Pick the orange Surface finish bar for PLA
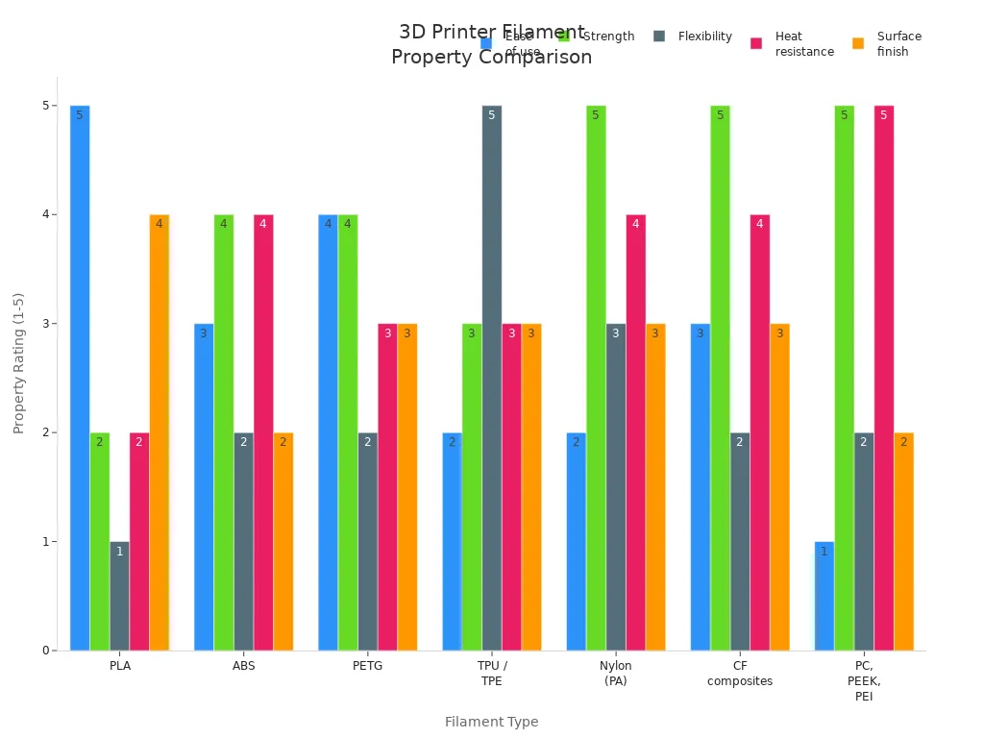pos(160,432)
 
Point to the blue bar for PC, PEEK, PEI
pos(824,596)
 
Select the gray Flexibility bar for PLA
pos(119,596)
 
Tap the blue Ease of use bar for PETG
pos(328,432)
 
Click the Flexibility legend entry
pos(693,37)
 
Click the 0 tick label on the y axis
pos(44,651)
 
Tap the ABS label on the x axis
pos(244,666)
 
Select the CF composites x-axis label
pos(740,674)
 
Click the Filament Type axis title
pos(491,722)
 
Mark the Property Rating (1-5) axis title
pos(19,363)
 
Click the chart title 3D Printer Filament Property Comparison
pos(491,44)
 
